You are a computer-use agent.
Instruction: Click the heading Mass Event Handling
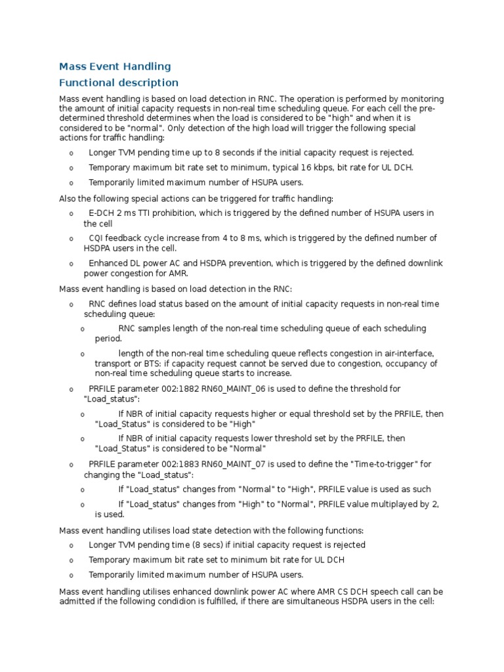click(115, 66)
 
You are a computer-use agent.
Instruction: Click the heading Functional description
click(119, 83)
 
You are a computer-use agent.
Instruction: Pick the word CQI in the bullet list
click(97, 238)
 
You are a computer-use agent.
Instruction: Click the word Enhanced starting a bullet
click(108, 263)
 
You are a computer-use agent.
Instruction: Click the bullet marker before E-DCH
click(71, 214)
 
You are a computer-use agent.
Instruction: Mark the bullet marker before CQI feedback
click(71, 239)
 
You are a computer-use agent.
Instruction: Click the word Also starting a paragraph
click(69, 198)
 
